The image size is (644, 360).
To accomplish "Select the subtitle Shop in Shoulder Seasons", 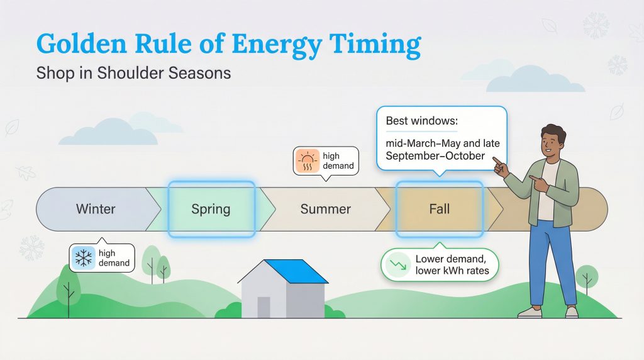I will [x=133, y=73].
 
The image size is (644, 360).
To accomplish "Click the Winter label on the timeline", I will [x=96, y=208].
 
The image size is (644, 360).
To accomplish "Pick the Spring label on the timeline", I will [x=211, y=209].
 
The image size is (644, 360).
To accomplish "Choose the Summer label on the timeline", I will [x=325, y=209].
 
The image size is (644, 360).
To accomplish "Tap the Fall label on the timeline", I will [x=439, y=209].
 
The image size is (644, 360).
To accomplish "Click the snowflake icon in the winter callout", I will [x=83, y=258].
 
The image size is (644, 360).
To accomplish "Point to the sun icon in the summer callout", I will [x=307, y=161].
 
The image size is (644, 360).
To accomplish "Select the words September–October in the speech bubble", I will [x=435, y=155].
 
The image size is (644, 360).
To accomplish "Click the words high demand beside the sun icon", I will [x=338, y=161].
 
